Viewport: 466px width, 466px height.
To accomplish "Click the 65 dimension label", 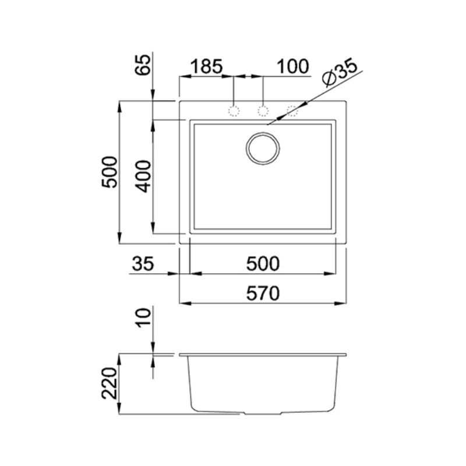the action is tap(143, 65).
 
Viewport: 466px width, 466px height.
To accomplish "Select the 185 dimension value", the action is tap(206, 66).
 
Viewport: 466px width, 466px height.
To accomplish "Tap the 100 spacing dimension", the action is tap(293, 66).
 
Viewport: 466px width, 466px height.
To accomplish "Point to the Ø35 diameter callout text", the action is tap(340, 72).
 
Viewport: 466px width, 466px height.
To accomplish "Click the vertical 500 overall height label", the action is tap(110, 172).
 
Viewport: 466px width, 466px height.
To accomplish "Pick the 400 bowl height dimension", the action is tap(143, 176).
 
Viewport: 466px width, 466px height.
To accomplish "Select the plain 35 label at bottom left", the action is tap(143, 264).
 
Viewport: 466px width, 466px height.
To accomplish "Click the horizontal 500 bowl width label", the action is tap(263, 264).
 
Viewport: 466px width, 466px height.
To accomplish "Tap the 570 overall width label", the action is tap(263, 294).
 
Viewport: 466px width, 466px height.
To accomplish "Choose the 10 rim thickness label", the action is tap(143, 318).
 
